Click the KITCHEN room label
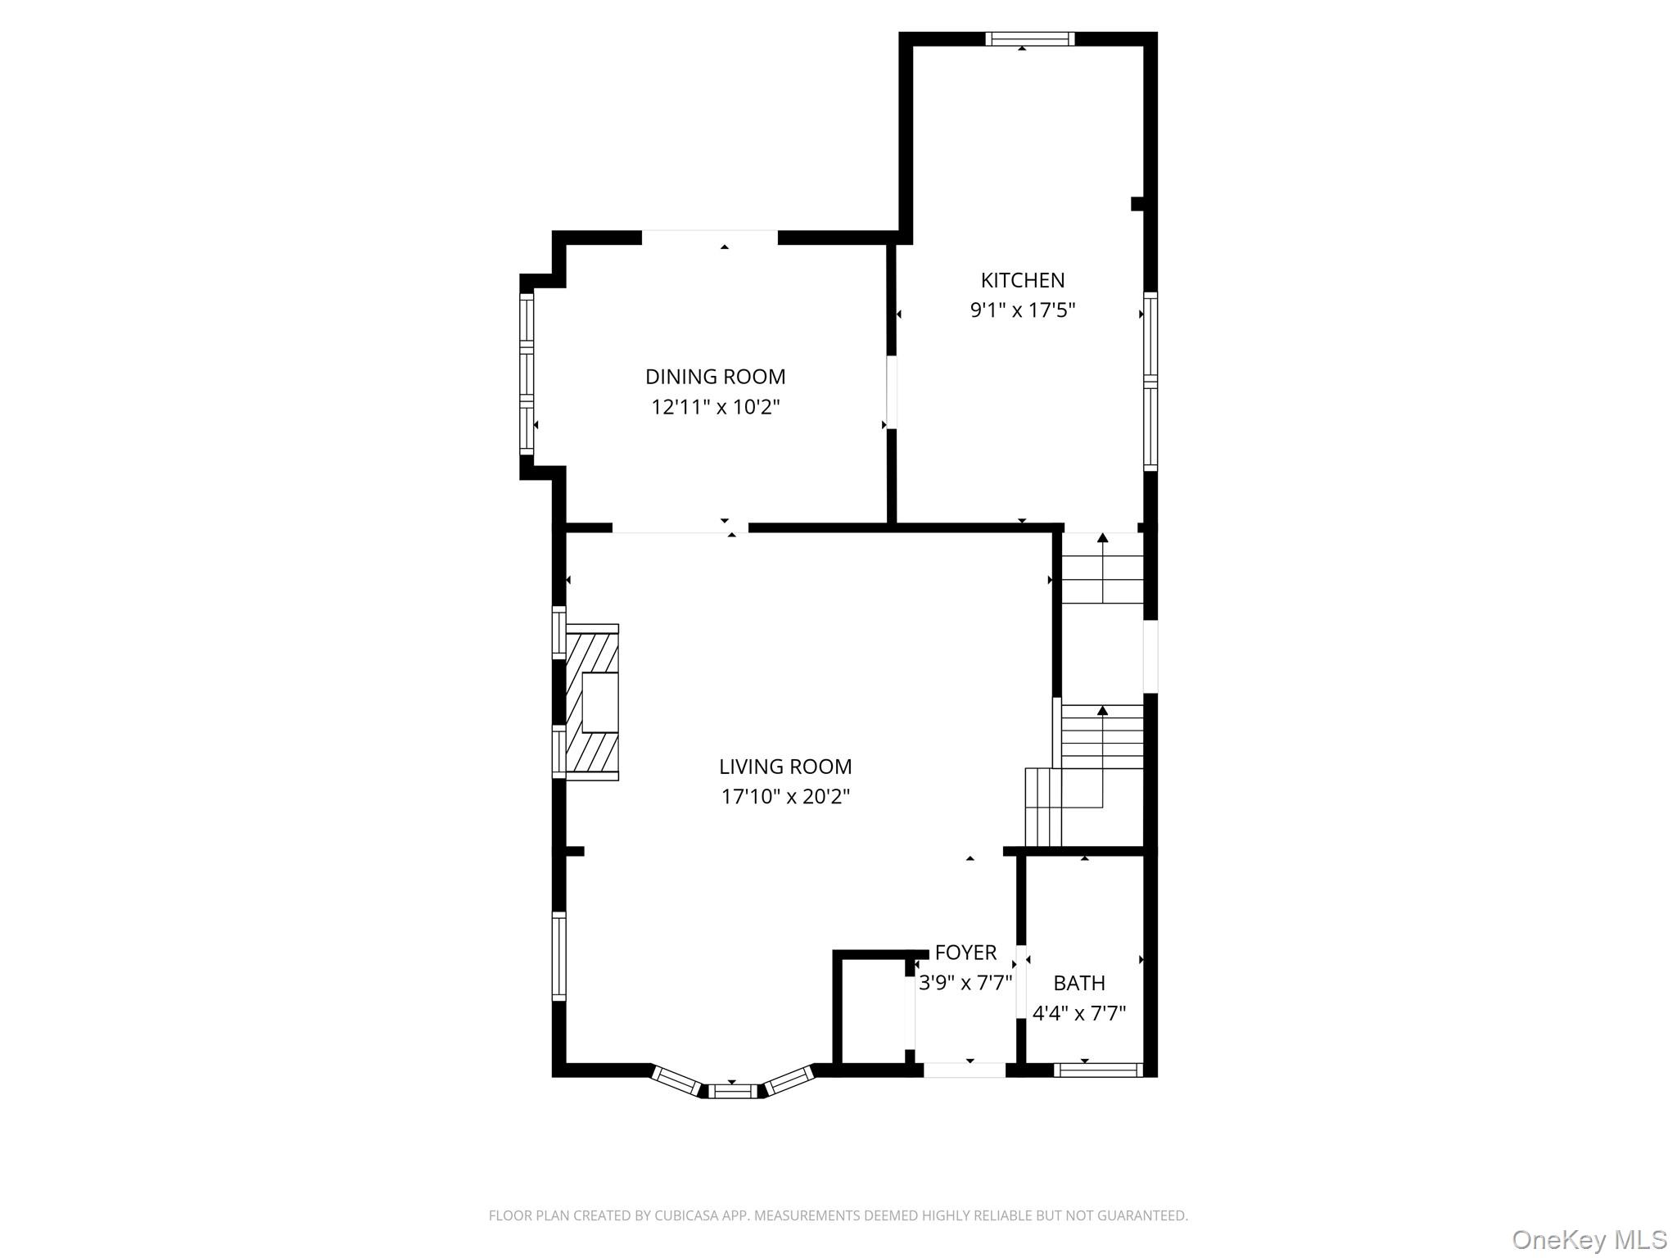click(x=1022, y=280)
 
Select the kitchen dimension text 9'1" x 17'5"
click(x=1022, y=310)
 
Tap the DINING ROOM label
click(x=715, y=377)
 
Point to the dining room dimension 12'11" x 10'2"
click(x=715, y=407)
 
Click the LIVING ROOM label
click(x=785, y=767)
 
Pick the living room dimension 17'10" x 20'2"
click(x=785, y=797)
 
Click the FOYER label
click(x=965, y=953)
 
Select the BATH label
click(x=1078, y=983)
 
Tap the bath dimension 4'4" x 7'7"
click(x=1078, y=1014)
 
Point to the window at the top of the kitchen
click(x=1029, y=38)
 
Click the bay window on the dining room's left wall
click(x=527, y=374)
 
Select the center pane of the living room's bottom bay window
click(x=733, y=1090)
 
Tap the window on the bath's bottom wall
click(x=1097, y=1070)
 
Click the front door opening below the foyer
click(x=965, y=1070)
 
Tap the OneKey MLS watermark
click(x=1589, y=1239)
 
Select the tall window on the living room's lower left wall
click(x=559, y=956)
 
